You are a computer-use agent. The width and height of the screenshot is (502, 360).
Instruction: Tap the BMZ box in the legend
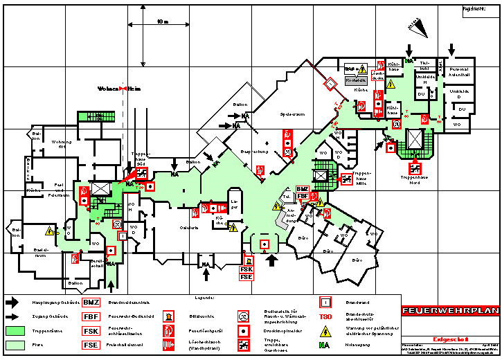pyautogui.click(x=91, y=303)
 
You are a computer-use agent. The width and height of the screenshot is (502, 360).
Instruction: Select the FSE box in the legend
pyautogui.click(x=91, y=345)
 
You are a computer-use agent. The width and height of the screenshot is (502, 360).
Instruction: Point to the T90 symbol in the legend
pyautogui.click(x=325, y=317)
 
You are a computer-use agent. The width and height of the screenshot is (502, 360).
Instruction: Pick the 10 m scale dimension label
pyautogui.click(x=162, y=22)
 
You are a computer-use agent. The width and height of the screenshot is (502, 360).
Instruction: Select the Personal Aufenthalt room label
pyautogui.click(x=459, y=72)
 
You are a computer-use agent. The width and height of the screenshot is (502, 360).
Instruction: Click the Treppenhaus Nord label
pyautogui.click(x=414, y=177)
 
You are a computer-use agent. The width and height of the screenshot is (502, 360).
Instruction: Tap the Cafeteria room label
pyautogui.click(x=189, y=227)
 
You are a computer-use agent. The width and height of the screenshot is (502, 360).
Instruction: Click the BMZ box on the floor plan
pyautogui.click(x=303, y=189)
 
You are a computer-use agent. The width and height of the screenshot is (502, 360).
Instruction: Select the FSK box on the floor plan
pyautogui.click(x=246, y=269)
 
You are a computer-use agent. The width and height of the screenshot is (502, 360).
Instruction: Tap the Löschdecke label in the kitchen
pyautogui.click(x=378, y=75)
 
